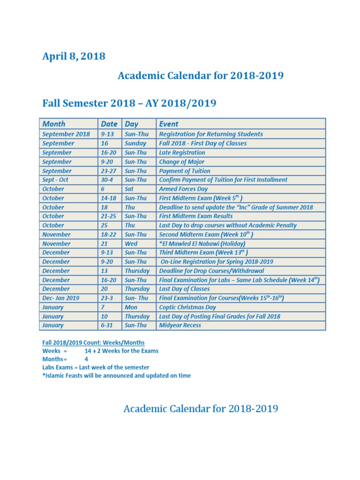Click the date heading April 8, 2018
tap(74, 57)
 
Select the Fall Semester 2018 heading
tap(129, 103)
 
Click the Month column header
tap(54, 124)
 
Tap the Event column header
tap(169, 124)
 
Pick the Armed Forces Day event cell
tap(183, 189)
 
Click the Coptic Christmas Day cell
tap(187, 307)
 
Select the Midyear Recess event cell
tap(180, 325)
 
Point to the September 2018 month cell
tap(66, 134)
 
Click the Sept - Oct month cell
tap(55, 180)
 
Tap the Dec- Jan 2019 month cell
tap(61, 298)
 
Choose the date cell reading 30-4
tap(107, 180)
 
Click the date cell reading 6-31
tap(107, 325)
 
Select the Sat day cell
tap(129, 189)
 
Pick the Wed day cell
tap(131, 244)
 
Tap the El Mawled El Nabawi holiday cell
tap(202, 244)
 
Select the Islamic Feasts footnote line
tap(116, 375)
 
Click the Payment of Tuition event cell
tap(185, 171)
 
